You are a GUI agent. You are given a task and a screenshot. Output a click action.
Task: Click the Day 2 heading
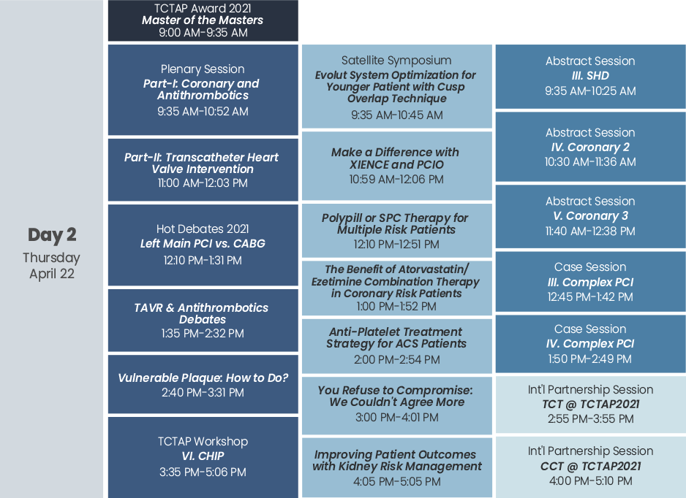[52, 235]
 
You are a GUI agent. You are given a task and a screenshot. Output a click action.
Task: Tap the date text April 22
[52, 274]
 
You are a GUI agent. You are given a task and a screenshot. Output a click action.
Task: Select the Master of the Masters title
[203, 20]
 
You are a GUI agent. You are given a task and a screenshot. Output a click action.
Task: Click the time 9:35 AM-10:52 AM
[203, 112]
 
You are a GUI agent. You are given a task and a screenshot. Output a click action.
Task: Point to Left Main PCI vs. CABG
[203, 243]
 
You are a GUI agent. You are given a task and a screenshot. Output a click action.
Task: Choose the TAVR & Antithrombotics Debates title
[202, 313]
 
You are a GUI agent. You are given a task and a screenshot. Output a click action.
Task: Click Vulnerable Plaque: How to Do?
[203, 378]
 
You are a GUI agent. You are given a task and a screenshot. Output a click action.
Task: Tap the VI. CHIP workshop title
[203, 456]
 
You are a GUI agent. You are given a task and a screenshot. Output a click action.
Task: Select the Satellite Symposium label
[396, 61]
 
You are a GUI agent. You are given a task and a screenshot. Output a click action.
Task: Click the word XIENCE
[369, 165]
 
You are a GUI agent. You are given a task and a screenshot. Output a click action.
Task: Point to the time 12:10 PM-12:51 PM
[396, 244]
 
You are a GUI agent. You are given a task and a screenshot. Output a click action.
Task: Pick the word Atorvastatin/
[433, 269]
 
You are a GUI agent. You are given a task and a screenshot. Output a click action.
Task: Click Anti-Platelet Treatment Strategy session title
[396, 337]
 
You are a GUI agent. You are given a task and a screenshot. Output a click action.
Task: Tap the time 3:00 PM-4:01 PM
[397, 417]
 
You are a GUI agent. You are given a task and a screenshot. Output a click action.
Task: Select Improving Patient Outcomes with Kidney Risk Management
[397, 461]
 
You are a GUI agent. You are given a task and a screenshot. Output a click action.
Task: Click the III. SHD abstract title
[590, 75]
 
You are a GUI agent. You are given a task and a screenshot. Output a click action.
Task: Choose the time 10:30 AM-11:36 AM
[590, 162]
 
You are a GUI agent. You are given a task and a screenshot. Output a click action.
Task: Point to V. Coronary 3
[590, 216]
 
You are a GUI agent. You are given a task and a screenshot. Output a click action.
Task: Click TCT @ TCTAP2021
[591, 404]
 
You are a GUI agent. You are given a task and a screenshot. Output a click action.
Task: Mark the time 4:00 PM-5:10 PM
[591, 481]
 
